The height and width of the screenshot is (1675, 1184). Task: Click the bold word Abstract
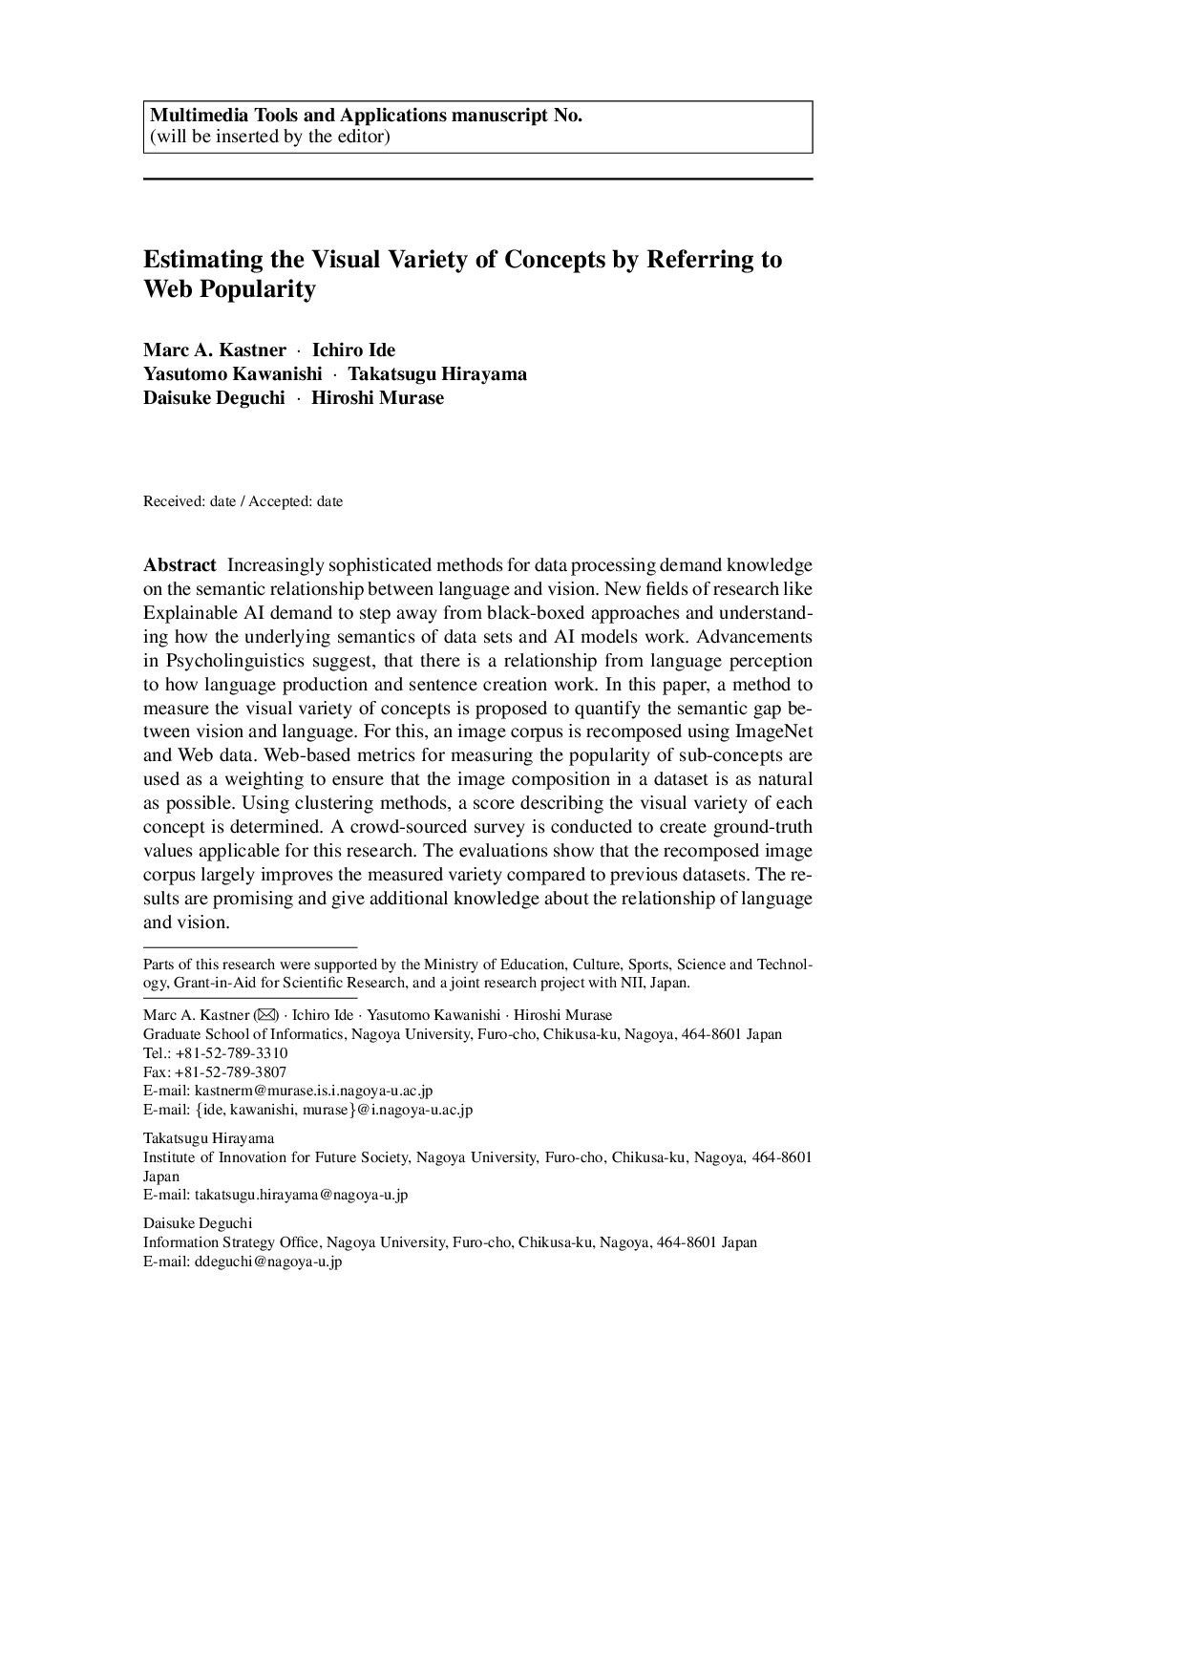(180, 565)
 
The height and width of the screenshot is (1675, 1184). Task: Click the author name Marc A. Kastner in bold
(214, 350)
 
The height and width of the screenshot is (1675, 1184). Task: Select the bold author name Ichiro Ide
(353, 350)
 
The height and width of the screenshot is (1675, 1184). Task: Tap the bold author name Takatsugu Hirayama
(436, 374)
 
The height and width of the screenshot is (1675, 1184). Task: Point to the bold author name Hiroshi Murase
(377, 398)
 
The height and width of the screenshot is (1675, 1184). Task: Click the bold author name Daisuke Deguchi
(214, 398)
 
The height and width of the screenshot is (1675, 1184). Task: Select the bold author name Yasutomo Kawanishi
(232, 374)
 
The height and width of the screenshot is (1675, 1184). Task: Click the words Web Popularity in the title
(229, 289)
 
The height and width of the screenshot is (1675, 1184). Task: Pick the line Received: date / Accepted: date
(243, 501)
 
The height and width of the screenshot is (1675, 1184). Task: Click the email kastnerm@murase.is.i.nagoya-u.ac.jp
(313, 1091)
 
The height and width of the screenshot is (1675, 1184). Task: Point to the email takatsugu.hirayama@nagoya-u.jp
(301, 1195)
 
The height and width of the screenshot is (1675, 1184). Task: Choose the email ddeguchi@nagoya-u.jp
(268, 1262)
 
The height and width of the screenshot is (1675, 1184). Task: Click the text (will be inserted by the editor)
(269, 137)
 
